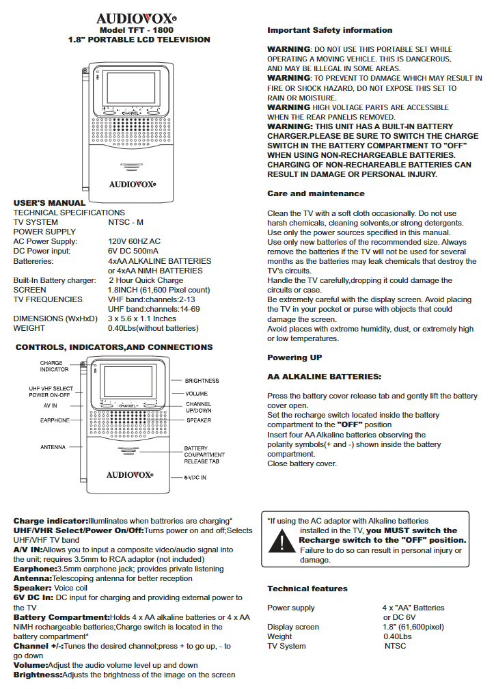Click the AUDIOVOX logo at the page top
pos(137,18)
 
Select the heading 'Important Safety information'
pos(329,30)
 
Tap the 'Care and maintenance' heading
pos(316,194)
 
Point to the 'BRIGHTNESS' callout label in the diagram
pos(202,381)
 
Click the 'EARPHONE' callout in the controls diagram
pos(55,420)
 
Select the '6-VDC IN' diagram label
pos(195,478)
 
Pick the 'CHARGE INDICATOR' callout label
pos(55,366)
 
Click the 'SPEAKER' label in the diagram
pos(199,420)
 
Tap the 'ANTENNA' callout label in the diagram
pos(53,447)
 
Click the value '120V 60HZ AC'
pos(135,241)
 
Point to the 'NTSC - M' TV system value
pos(126,222)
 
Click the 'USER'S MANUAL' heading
pos(50,203)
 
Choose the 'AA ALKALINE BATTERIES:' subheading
pos(324,377)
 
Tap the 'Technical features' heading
pos(307,589)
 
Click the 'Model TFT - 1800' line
pos(136,31)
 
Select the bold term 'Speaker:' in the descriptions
pos(33,588)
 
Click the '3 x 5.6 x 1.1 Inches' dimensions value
pos(142,319)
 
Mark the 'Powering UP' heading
pos(294,357)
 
